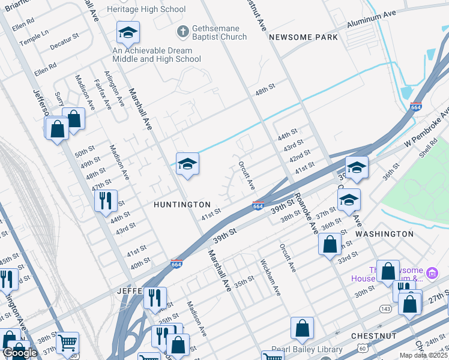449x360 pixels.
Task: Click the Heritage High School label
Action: [x=146, y=9]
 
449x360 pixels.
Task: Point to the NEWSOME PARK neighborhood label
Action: [x=303, y=37]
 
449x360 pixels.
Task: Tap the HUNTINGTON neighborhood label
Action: [x=182, y=205]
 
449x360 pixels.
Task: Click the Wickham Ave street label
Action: [x=270, y=277]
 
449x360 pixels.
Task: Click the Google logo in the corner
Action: [x=20, y=353]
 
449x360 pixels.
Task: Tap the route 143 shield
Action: [x=384, y=308]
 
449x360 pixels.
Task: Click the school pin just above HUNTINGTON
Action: [x=187, y=163]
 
